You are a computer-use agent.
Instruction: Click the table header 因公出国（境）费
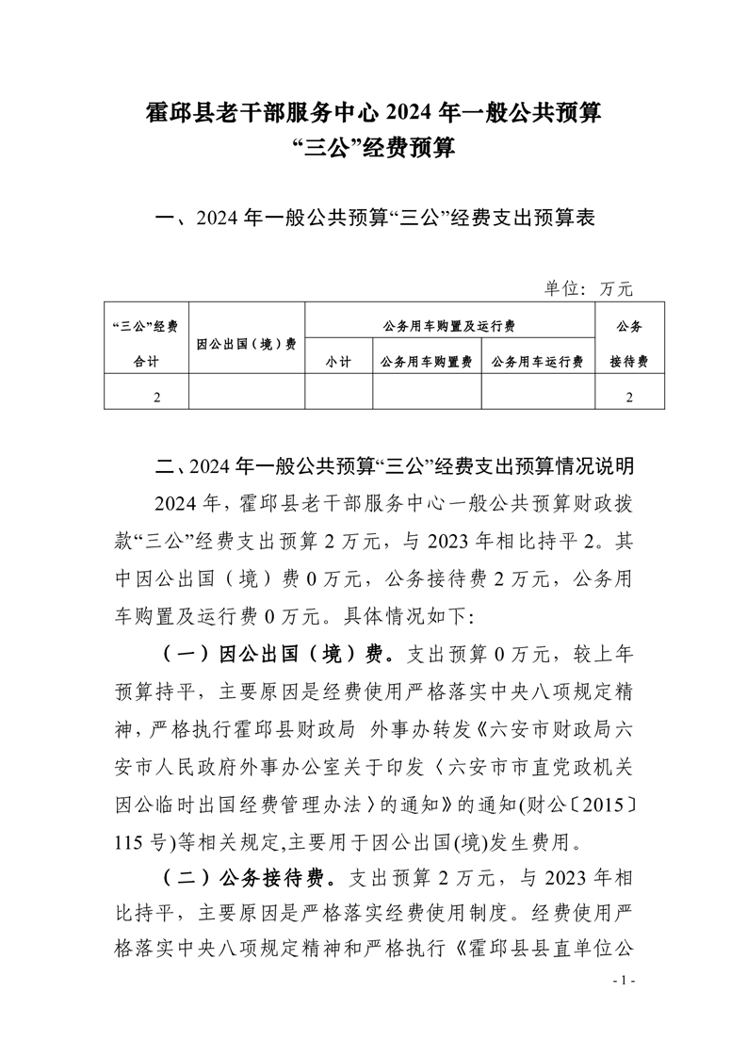(247, 344)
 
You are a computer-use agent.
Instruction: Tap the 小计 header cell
(338, 362)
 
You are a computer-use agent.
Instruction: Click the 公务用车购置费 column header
(427, 362)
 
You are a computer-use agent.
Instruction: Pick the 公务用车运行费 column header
(538, 362)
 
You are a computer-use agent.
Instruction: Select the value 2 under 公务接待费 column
(628, 398)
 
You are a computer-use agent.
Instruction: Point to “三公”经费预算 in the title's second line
(374, 148)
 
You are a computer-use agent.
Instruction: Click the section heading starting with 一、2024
(374, 220)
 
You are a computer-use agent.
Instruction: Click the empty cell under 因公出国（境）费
(247, 398)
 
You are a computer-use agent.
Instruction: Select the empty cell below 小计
(338, 398)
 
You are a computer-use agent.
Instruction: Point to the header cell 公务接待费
(628, 344)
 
